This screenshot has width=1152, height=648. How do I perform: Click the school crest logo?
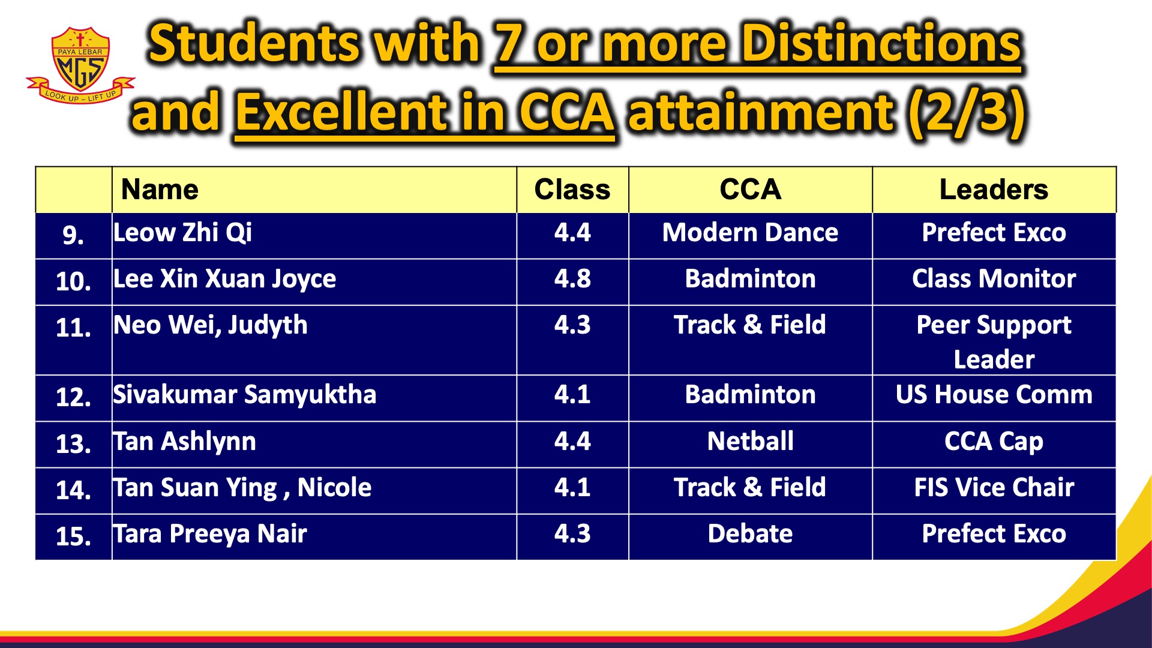[80, 65]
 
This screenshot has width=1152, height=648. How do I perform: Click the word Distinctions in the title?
[881, 43]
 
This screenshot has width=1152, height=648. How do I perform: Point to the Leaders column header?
[994, 190]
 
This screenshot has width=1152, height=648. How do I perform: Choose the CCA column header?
[750, 190]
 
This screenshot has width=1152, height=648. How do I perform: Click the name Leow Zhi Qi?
[182, 233]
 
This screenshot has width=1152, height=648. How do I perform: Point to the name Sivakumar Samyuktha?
[245, 395]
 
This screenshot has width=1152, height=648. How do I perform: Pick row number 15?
[73, 536]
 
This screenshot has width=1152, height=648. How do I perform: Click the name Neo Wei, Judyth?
[210, 326]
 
